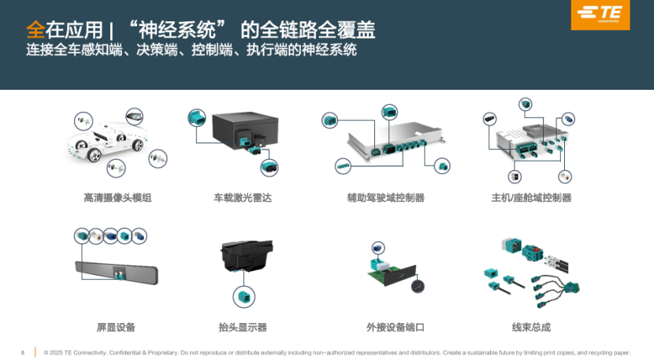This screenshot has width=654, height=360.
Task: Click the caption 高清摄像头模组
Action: coord(117,198)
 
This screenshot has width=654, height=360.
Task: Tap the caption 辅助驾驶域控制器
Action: coord(385,198)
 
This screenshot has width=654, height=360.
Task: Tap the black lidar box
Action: coord(246,130)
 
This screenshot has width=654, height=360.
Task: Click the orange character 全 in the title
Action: coord(35,31)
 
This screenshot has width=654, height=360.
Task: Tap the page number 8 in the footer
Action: coord(23,352)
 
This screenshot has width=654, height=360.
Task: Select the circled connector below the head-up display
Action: coord(244,297)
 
